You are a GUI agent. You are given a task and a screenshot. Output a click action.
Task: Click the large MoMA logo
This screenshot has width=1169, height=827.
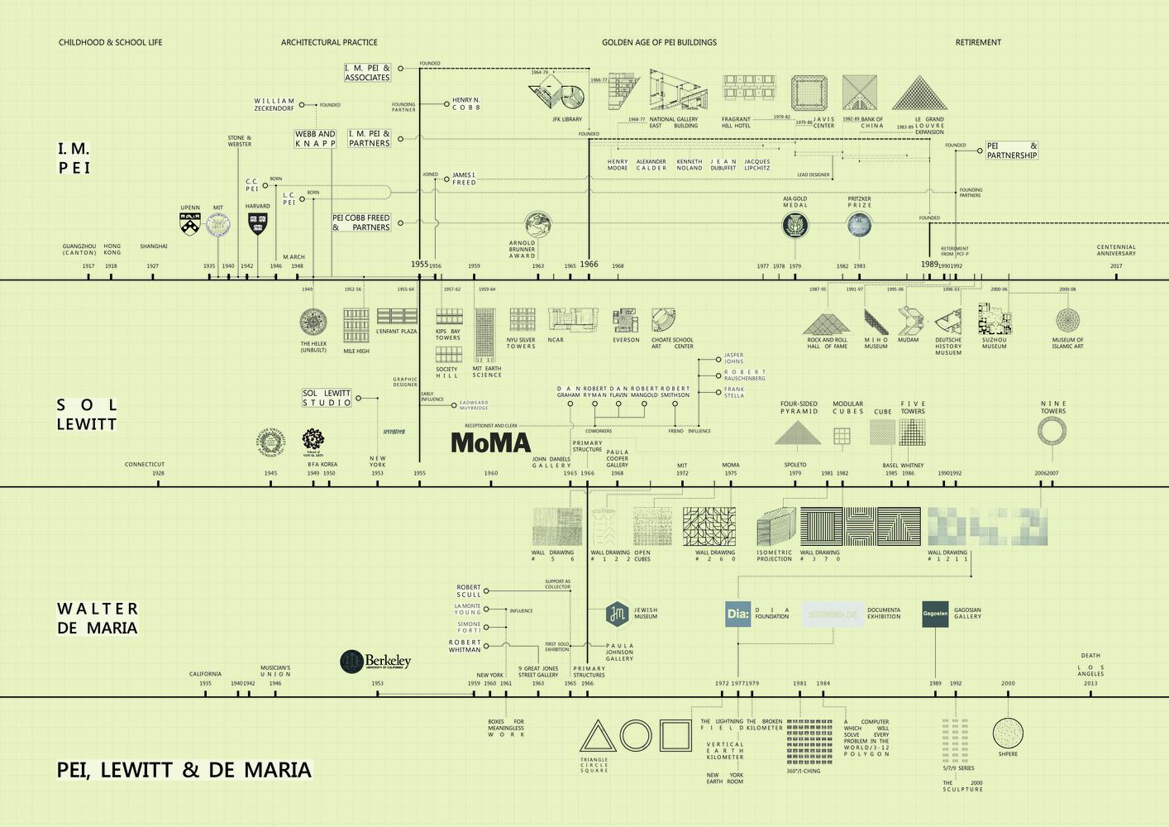tap(490, 442)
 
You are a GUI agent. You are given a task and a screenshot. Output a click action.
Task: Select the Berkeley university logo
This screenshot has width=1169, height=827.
tap(375, 661)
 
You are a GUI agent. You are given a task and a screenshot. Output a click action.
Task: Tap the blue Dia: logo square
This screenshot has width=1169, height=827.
tap(737, 614)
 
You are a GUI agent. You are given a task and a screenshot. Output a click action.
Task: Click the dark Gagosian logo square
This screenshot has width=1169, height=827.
tap(935, 614)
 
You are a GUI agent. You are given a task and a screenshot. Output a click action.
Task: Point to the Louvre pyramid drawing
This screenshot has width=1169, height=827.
tap(919, 93)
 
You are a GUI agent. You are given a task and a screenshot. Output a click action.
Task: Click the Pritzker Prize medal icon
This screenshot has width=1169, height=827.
tap(859, 224)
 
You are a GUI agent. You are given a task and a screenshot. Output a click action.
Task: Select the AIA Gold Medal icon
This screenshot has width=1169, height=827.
tap(794, 224)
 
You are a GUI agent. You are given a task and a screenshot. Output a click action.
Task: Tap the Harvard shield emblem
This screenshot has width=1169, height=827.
tap(257, 222)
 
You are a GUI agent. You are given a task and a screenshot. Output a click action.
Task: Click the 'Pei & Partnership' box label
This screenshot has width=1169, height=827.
tap(1012, 151)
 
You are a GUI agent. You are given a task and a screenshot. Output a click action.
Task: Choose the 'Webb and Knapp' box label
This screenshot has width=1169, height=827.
tap(315, 139)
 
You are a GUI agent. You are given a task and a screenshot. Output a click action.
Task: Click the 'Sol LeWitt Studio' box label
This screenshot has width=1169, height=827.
tap(327, 398)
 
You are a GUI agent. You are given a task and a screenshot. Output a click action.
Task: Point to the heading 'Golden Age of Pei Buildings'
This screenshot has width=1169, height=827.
tap(659, 42)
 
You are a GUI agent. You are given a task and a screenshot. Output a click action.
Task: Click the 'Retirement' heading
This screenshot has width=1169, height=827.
tap(978, 42)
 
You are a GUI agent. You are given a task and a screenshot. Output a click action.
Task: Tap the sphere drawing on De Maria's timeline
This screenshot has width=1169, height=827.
tap(1008, 733)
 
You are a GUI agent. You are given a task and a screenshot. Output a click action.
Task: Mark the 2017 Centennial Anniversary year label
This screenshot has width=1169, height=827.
tap(1116, 266)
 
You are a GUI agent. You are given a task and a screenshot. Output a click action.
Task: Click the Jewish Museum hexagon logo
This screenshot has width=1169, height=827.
tap(617, 613)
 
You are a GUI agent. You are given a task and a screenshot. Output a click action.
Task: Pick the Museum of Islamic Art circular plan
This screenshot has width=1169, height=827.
tap(1067, 320)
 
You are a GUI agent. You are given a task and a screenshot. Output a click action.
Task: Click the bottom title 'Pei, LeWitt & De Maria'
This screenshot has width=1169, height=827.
tap(184, 770)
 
